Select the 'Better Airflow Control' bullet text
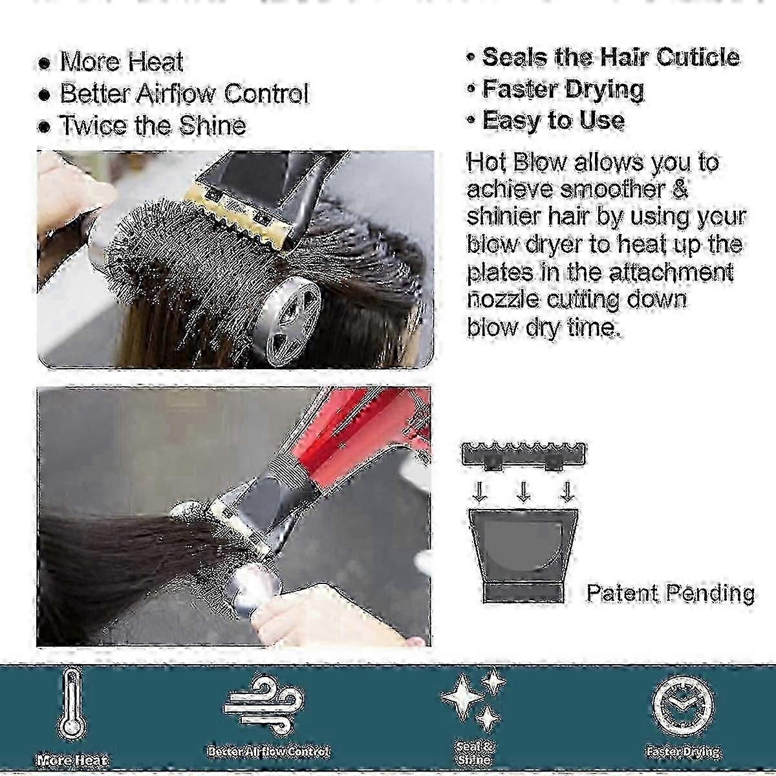184,93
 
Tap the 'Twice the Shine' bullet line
153,125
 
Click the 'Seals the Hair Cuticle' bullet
611,57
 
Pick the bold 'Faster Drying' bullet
563,89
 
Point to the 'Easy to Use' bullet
554,120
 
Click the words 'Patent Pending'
671,593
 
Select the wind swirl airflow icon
264,704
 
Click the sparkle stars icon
474,701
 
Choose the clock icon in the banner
684,706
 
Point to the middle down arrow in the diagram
523,493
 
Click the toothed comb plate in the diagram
524,456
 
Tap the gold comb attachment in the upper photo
240,215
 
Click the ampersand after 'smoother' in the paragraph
678,189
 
